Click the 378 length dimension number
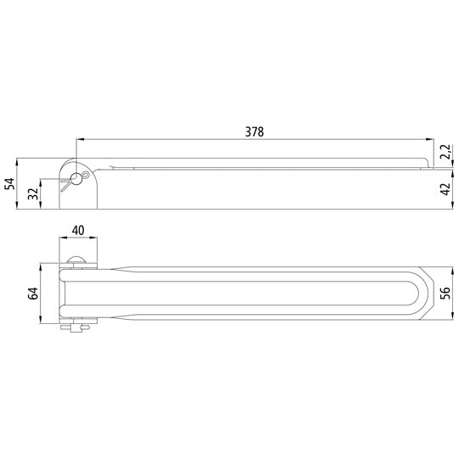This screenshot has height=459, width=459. click(x=254, y=132)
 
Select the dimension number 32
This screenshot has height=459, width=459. click(x=33, y=193)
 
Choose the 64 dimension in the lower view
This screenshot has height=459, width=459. click(x=33, y=293)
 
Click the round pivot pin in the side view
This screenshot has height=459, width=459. click(x=77, y=178)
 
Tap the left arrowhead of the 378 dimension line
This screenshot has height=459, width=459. click(x=79, y=139)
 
